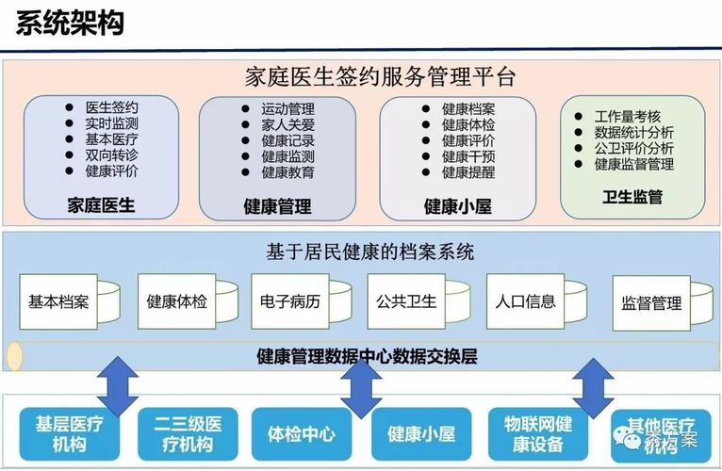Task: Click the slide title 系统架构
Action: pos(70,23)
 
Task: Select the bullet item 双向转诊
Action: pos(111,155)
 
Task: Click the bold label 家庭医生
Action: pos(102,204)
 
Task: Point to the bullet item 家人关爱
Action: pos(287,125)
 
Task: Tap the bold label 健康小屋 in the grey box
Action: pos(457,206)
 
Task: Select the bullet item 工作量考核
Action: pos(629,116)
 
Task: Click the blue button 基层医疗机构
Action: pos(70,433)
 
